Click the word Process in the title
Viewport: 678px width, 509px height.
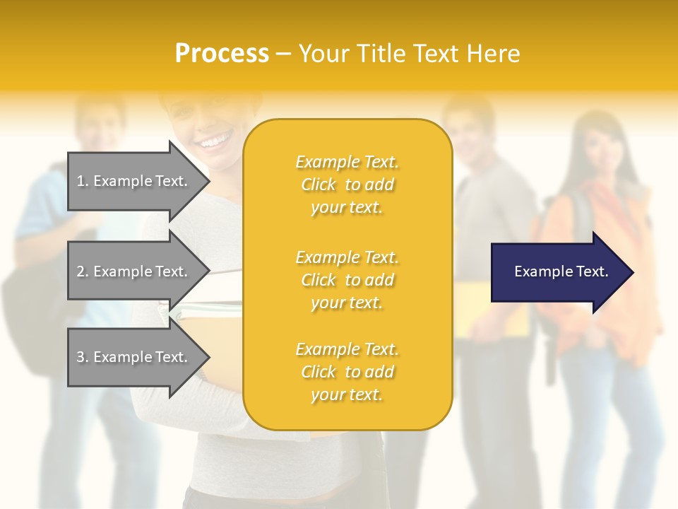click(222, 54)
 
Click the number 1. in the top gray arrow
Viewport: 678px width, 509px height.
click(83, 181)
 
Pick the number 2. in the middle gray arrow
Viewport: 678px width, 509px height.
click(83, 271)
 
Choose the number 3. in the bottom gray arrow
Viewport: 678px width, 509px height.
click(83, 357)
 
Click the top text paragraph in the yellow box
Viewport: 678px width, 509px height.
click(347, 185)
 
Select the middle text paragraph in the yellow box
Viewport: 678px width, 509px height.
click(347, 280)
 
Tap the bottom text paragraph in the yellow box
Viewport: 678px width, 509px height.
click(347, 372)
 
